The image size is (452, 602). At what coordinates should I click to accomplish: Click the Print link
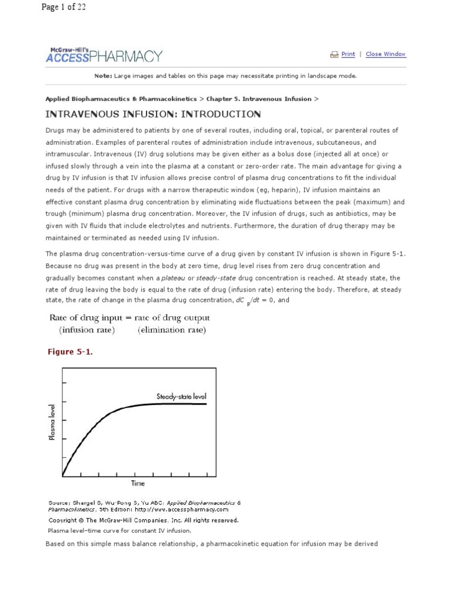coord(348,54)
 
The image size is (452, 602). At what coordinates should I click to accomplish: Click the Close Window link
coord(385,54)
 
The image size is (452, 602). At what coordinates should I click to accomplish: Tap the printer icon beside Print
coord(334,54)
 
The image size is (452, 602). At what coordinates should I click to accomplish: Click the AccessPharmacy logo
coord(104,55)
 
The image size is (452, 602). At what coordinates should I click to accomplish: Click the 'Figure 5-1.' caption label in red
coord(70,352)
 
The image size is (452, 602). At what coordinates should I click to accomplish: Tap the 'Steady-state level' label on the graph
coord(181,396)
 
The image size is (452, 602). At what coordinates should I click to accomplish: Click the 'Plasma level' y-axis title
coord(53,422)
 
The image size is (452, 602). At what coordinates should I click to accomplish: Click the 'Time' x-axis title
coord(137,483)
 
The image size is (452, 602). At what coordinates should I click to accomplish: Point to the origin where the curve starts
coord(63,475)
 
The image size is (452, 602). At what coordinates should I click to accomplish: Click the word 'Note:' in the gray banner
coord(103,76)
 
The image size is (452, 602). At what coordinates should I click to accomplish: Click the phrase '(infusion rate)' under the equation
coord(87,330)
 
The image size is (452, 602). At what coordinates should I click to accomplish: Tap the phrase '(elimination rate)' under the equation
coord(172,330)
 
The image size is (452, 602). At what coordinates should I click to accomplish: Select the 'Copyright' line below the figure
coord(143,520)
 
